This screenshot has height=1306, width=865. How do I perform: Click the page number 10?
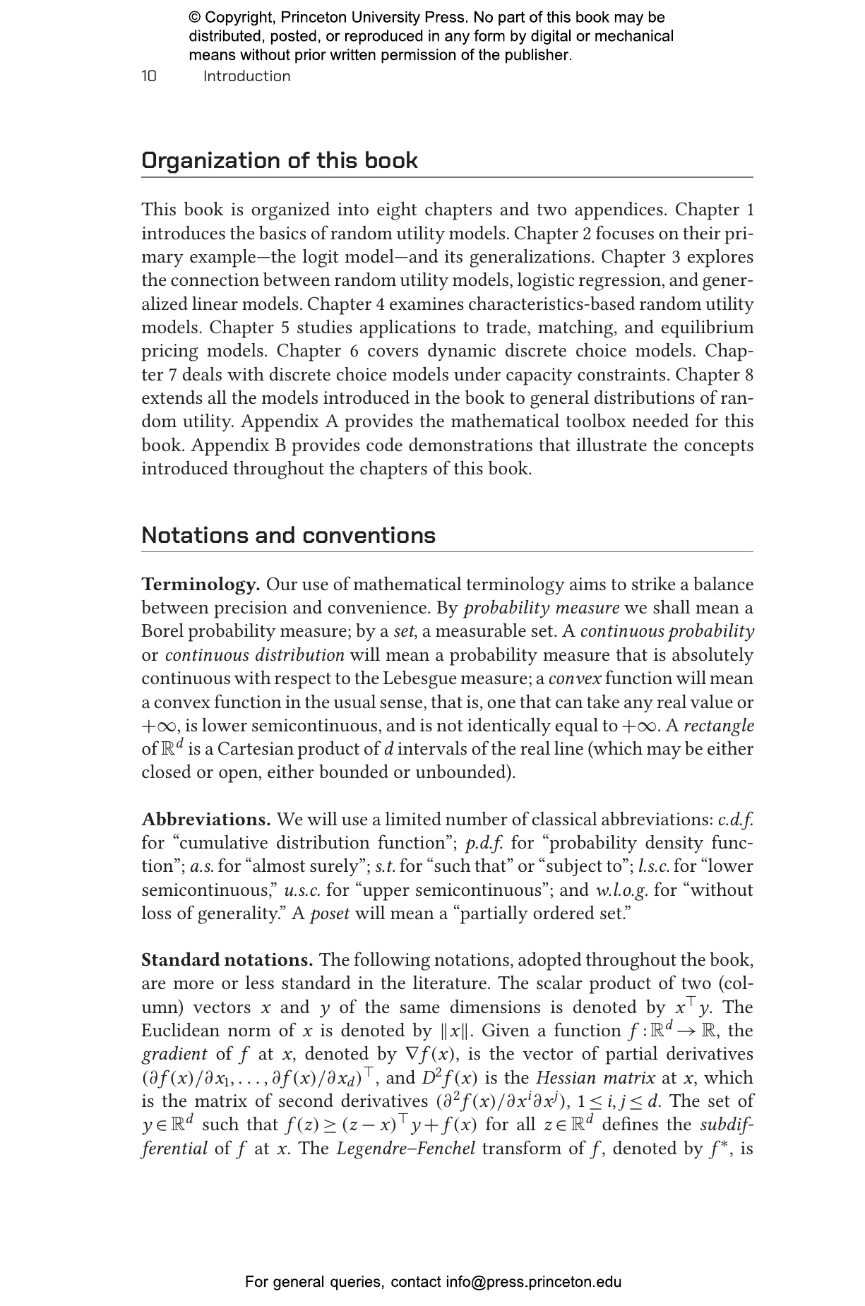tap(149, 76)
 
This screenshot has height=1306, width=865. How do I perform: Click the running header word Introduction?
tap(246, 76)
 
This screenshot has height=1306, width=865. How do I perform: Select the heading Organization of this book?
tap(280, 161)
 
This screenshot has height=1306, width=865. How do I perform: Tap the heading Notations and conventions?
tap(288, 535)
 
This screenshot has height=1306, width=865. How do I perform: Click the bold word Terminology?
tap(201, 585)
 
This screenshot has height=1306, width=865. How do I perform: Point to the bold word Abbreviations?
tap(206, 820)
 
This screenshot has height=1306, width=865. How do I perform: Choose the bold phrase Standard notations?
tap(227, 960)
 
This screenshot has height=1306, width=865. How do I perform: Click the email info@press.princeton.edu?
tap(533, 1282)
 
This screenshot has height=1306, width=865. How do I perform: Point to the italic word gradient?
tap(174, 1055)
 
